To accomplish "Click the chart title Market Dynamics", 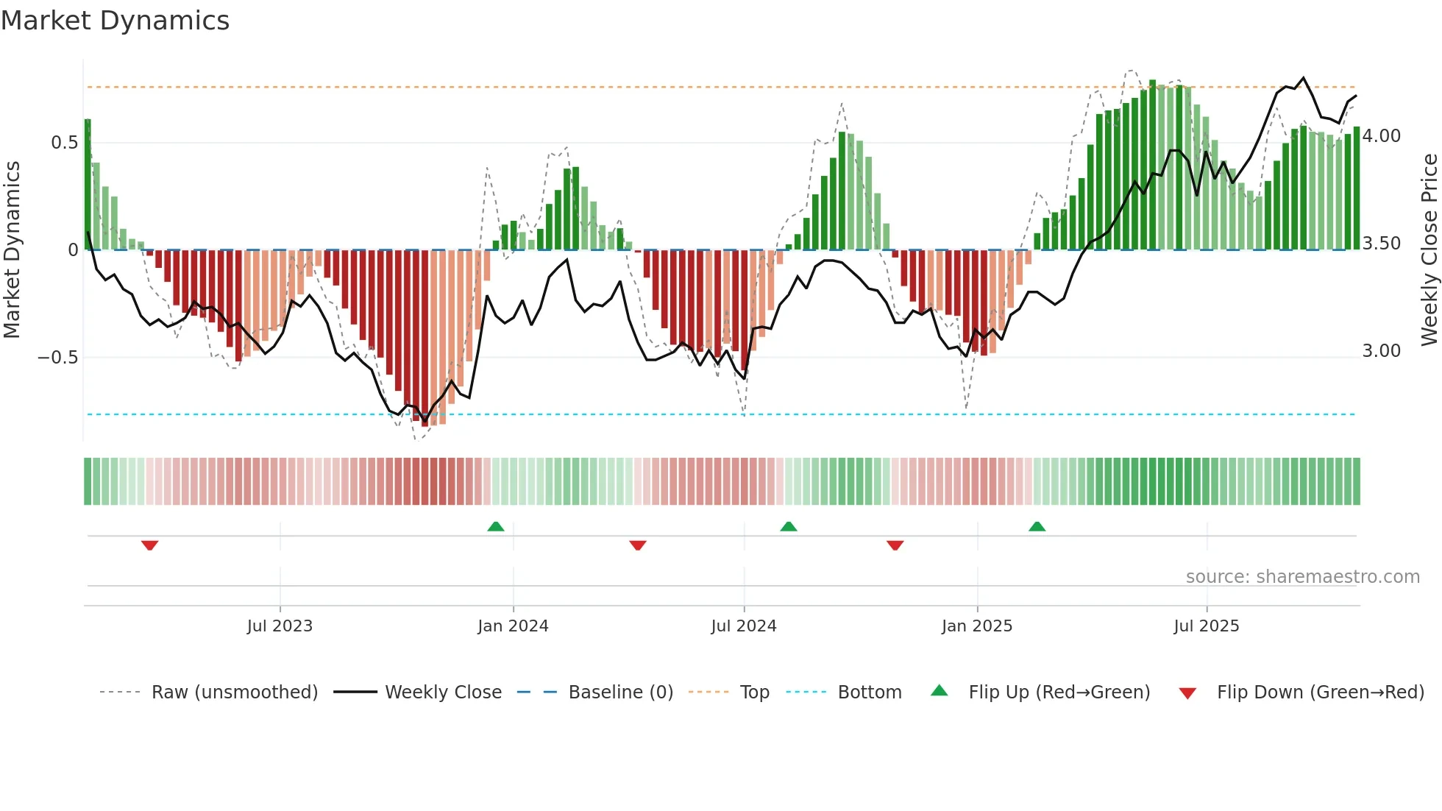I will tap(115, 21).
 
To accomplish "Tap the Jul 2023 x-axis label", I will tap(280, 626).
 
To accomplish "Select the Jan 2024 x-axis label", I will tap(513, 626).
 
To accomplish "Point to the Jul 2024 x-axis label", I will tap(744, 626).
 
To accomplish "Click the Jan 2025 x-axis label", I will tap(977, 626).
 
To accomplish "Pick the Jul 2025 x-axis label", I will tap(1207, 626).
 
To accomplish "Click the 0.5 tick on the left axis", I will tap(65, 143).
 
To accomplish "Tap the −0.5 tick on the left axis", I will tap(58, 358).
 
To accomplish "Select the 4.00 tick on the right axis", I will tap(1382, 136).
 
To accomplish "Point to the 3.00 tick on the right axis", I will tap(1382, 351).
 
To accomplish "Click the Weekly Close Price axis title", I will tap(1429, 250).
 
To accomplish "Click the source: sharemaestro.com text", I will tap(1302, 577).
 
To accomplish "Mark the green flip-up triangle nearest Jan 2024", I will tap(496, 527).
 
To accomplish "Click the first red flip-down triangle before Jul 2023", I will tap(149, 545).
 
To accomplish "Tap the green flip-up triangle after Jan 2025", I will tap(1037, 527).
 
